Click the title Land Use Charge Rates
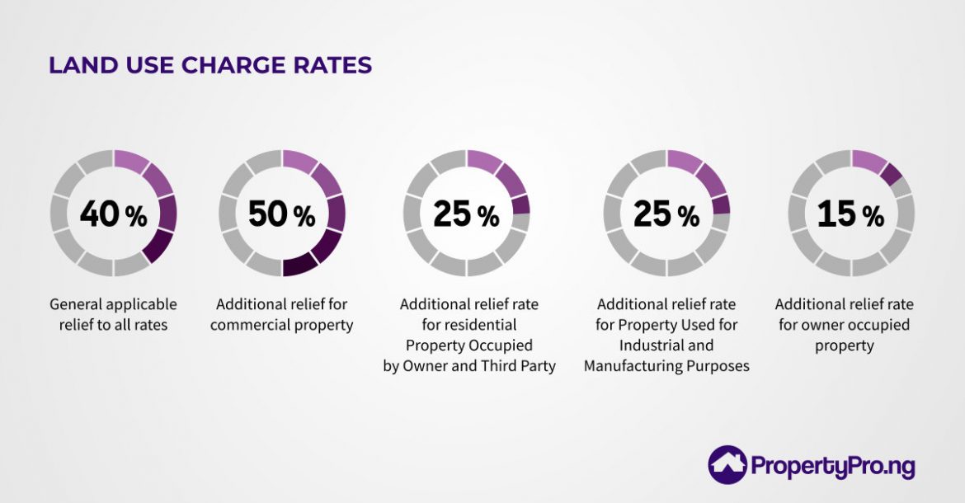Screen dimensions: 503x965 point(210,66)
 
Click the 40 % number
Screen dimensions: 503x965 point(113,214)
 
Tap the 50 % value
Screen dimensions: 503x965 point(281,214)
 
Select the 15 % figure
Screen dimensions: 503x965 point(850,214)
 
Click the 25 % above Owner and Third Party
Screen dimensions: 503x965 point(466,214)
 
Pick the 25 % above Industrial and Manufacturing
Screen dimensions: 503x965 point(666,214)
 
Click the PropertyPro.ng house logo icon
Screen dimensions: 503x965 point(727,464)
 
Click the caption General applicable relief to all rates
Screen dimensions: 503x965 point(113,315)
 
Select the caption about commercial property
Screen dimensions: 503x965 point(281,315)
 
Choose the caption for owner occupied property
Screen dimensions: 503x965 point(844,325)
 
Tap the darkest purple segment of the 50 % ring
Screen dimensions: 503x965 point(299,263)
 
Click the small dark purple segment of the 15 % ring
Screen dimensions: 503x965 point(891,174)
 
